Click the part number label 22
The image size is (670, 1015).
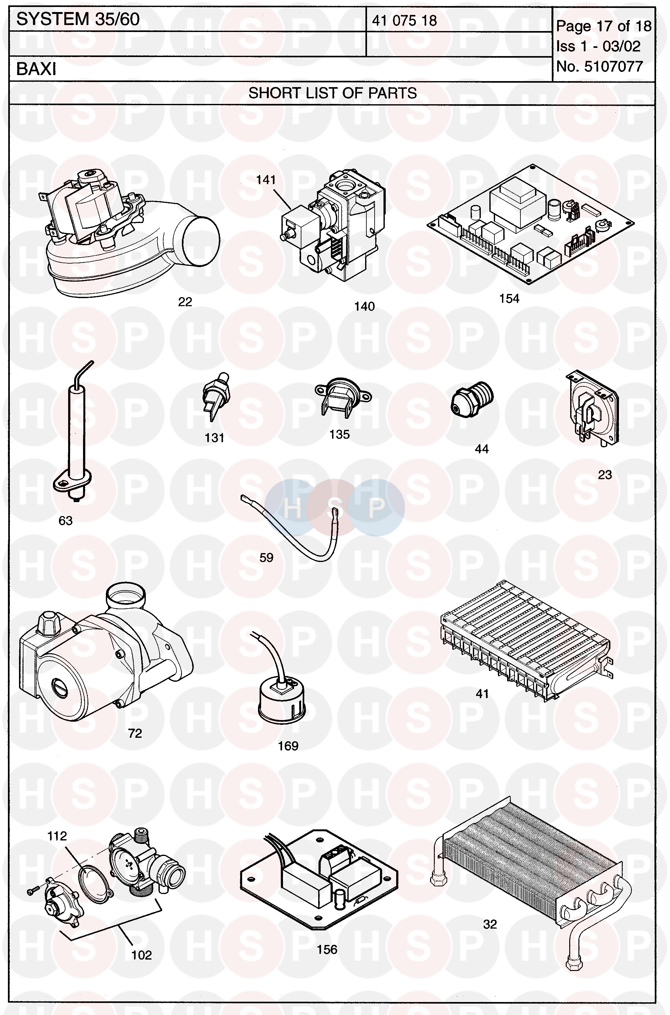coord(185,302)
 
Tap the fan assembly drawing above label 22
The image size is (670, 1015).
coord(128,235)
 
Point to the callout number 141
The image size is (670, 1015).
coord(266,180)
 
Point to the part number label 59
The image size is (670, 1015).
coord(267,557)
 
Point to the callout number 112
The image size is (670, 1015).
coord(57,836)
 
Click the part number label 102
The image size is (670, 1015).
coord(141,955)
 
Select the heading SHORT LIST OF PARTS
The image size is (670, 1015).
coord(332,93)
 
